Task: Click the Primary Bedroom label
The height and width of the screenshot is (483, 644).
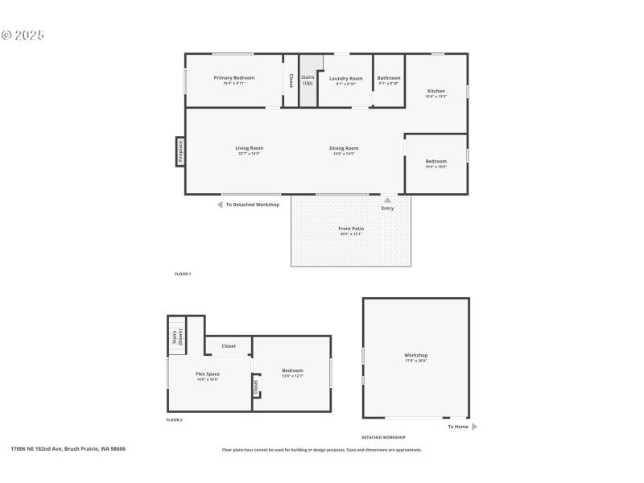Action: click(234, 78)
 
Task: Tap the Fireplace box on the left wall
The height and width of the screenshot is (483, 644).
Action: click(180, 151)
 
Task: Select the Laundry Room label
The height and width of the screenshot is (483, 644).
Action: click(346, 79)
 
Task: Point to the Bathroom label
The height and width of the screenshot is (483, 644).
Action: click(389, 79)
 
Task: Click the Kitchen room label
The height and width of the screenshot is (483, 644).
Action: click(436, 92)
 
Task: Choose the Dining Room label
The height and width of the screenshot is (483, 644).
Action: click(344, 148)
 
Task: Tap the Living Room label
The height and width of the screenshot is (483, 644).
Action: click(249, 148)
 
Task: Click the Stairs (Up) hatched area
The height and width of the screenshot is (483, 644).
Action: click(308, 80)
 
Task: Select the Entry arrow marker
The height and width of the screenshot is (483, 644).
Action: click(387, 200)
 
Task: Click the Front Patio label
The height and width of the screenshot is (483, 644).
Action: click(351, 229)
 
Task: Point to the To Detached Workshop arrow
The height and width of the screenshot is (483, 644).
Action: click(220, 204)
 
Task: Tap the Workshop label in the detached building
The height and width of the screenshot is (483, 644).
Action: click(415, 356)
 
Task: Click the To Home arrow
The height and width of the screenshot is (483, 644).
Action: click(474, 427)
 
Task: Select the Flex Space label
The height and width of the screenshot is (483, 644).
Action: click(208, 374)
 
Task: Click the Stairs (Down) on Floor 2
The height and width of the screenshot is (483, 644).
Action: click(176, 336)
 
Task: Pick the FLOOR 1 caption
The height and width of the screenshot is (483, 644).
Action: click(183, 275)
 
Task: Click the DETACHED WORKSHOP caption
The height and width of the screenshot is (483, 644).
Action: click(382, 437)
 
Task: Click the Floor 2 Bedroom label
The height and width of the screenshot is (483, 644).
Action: click(292, 371)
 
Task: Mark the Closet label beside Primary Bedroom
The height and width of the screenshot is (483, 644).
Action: click(291, 80)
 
